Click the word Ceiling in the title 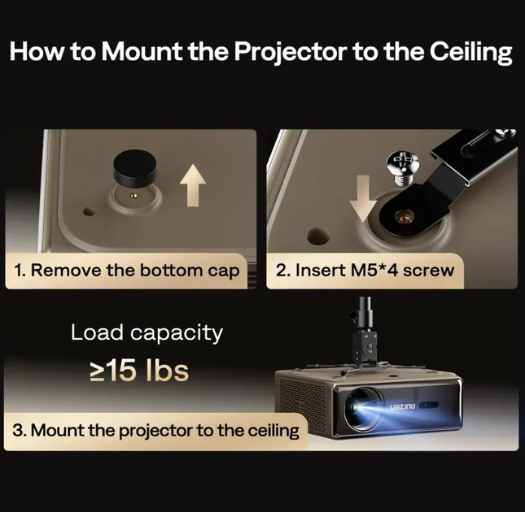(470, 52)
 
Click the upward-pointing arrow (193, 186)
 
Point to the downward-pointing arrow (363, 197)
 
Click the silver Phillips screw (405, 167)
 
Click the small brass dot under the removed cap (134, 196)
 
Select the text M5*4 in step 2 (374, 270)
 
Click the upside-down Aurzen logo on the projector (402, 406)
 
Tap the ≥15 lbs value (139, 371)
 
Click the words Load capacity (147, 333)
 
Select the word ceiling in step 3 (273, 431)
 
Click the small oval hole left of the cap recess (89, 211)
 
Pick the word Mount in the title (142, 52)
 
